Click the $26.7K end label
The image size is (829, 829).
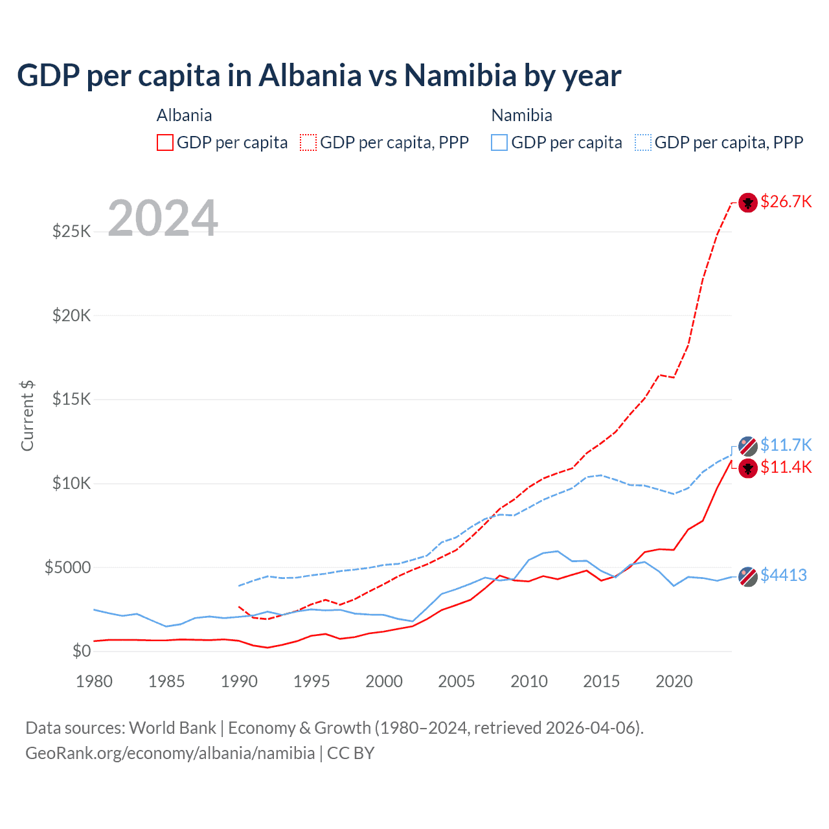pyautogui.click(x=786, y=201)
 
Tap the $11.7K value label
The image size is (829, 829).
pyautogui.click(x=786, y=445)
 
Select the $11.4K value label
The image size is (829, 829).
pyautogui.click(x=786, y=467)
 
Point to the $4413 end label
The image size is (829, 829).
pyautogui.click(x=783, y=575)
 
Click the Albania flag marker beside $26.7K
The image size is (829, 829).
pyautogui.click(x=748, y=203)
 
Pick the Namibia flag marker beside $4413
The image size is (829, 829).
pyautogui.click(x=748, y=576)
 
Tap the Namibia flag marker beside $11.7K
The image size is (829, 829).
pyautogui.click(x=748, y=446)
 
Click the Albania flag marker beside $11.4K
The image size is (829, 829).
pyautogui.click(x=748, y=468)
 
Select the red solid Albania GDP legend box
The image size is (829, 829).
pyautogui.click(x=165, y=142)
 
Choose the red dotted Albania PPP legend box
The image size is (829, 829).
pyautogui.click(x=308, y=142)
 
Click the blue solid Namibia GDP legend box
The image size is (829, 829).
pyautogui.click(x=499, y=142)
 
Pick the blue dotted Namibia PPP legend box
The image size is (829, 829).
pyautogui.click(x=643, y=142)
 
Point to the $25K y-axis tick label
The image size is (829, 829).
pyautogui.click(x=71, y=231)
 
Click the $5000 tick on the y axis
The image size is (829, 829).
pyautogui.click(x=67, y=567)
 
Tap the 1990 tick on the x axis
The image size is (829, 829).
pyautogui.click(x=239, y=681)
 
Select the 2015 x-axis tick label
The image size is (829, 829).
pyautogui.click(x=601, y=681)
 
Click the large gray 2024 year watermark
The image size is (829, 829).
pyautogui.click(x=163, y=218)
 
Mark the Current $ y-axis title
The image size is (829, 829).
pyautogui.click(x=27, y=415)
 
